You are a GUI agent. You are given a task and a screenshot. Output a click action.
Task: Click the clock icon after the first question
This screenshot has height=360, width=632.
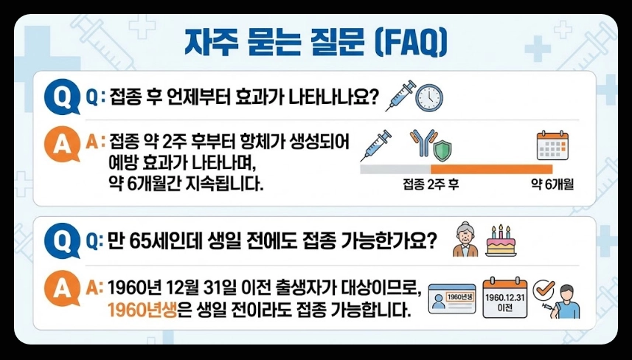[x=429, y=97]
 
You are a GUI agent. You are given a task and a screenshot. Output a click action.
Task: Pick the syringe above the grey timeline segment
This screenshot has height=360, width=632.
[x=376, y=145]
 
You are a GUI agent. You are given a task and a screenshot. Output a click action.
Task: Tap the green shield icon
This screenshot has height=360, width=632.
[x=442, y=151]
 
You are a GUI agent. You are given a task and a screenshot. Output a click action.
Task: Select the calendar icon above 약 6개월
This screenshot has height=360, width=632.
[x=552, y=146]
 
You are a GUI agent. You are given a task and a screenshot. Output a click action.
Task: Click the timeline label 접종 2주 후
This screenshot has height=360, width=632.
[x=431, y=184]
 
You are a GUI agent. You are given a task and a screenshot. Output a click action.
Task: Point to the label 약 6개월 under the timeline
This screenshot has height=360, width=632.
[x=552, y=184]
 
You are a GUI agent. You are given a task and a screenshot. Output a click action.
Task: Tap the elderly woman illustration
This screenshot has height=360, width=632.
[x=465, y=239]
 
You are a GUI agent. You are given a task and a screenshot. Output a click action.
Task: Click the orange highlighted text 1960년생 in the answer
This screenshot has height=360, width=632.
[x=141, y=310]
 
